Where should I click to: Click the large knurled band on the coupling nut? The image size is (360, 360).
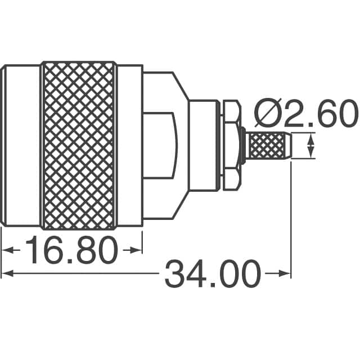point(79,145)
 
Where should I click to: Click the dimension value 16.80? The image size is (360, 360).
point(72,251)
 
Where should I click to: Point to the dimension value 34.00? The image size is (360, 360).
point(213,275)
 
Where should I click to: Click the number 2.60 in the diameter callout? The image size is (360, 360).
point(318,115)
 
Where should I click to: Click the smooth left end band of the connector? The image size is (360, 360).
point(21,145)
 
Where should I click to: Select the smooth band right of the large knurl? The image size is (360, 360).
point(129,145)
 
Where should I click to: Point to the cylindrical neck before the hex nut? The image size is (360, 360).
point(204,145)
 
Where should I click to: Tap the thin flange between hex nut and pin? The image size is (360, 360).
point(242,146)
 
